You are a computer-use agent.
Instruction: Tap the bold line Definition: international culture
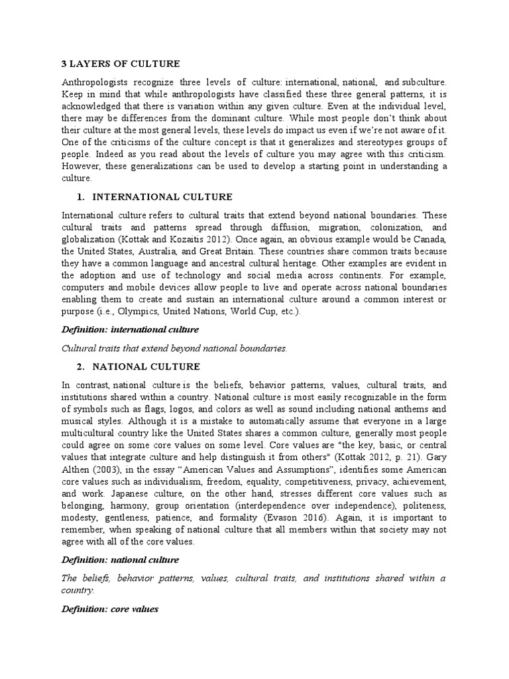[x=130, y=330]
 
